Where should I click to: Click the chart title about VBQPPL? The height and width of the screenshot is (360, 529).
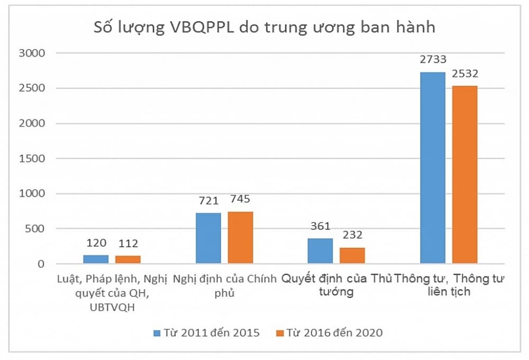(264, 27)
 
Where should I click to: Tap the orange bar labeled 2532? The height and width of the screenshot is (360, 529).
(464, 174)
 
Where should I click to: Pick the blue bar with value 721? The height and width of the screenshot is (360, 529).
(208, 238)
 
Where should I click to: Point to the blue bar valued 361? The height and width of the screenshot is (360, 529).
(321, 251)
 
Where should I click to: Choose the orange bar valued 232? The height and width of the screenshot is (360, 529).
(352, 255)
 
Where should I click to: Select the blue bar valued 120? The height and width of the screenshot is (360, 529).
(96, 259)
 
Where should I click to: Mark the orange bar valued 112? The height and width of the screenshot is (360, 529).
(128, 259)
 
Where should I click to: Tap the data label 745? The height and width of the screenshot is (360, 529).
(240, 200)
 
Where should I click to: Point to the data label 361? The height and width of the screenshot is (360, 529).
(321, 227)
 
